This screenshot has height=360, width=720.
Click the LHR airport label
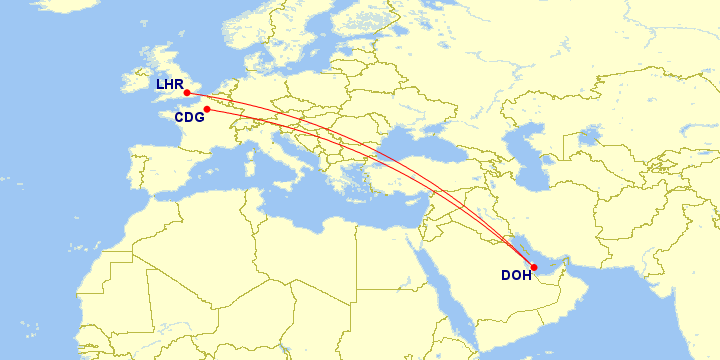[168, 84]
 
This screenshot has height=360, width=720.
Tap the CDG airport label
[189, 117]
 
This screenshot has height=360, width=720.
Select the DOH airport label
[516, 276]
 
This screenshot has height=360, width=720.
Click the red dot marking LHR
[187, 93]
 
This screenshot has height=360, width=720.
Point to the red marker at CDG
[207, 109]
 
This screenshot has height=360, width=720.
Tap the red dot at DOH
[534, 266]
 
